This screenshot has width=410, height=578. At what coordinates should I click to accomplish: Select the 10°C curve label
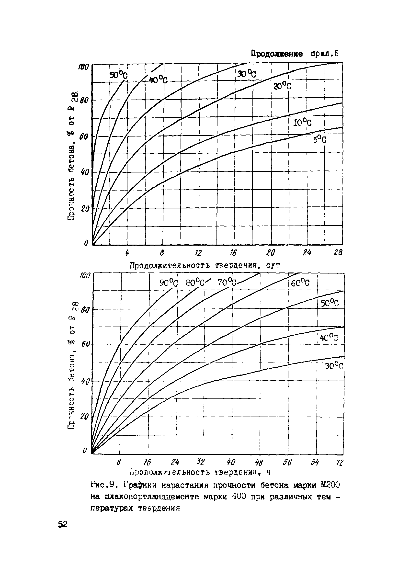point(302,123)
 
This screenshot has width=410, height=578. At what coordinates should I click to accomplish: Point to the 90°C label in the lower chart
point(169,283)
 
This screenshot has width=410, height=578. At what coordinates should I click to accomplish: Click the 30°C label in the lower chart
point(334,366)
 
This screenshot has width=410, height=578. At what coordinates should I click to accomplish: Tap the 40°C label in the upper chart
point(158,80)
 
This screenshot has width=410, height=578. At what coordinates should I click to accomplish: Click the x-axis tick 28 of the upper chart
point(338,253)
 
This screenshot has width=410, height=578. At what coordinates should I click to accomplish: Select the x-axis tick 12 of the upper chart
point(198,253)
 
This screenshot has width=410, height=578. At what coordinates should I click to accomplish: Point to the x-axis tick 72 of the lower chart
point(340,463)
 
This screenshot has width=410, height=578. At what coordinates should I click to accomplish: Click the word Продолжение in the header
point(276,54)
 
